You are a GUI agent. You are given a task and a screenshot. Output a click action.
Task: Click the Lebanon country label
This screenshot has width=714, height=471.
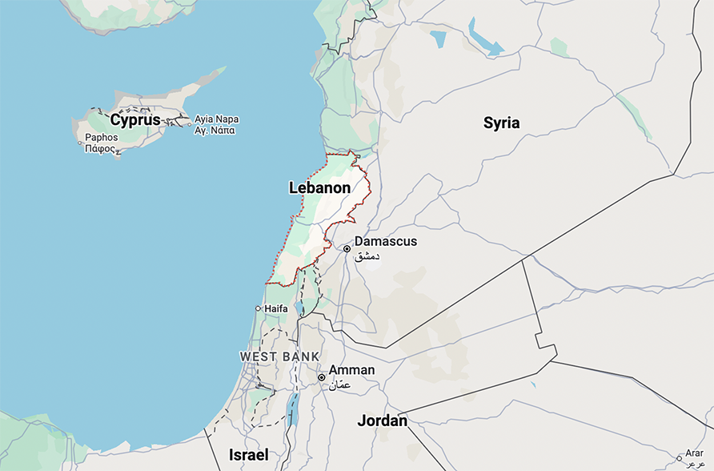(319, 188)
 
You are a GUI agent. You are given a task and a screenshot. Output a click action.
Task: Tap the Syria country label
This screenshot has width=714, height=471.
(501, 123)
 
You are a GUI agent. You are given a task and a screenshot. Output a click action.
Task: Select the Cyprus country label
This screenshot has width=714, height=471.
(135, 120)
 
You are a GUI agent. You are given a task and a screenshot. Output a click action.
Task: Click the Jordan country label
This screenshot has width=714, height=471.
(382, 421)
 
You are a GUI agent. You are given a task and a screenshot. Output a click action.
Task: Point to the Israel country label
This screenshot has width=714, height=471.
(249, 454)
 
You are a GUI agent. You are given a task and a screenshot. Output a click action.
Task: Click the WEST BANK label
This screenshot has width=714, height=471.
(279, 356)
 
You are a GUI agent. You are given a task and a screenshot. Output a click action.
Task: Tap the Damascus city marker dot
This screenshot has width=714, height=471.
(347, 249)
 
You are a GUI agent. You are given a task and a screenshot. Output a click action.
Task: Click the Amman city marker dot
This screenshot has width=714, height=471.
(321, 377)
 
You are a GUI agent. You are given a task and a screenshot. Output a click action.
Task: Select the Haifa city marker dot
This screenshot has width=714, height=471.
(258, 308)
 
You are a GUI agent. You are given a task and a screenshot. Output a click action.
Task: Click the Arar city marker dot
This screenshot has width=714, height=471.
(679, 459)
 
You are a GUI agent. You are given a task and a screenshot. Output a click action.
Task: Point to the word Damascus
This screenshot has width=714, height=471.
(386, 241)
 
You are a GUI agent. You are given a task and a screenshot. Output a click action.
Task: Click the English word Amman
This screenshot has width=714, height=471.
(351, 370)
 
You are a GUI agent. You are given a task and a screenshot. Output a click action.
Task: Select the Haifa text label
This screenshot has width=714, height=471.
(275, 308)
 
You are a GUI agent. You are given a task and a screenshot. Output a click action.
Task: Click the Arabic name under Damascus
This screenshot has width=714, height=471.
(366, 256)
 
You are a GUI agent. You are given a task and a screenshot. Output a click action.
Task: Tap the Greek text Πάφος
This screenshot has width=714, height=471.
(102, 149)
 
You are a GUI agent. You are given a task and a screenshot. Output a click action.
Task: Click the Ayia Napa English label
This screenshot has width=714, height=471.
(216, 119)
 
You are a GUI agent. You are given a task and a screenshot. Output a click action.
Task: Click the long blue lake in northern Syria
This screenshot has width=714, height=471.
(483, 39)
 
